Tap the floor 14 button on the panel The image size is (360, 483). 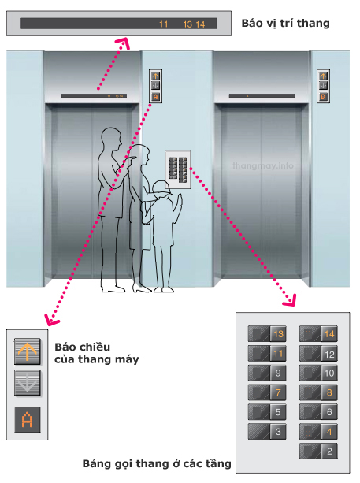[318, 334]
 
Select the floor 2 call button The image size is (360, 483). [318, 451]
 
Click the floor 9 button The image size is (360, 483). [267, 373]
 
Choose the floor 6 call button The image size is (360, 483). [318, 412]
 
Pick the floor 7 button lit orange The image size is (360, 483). [267, 392]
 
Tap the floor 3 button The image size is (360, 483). [267, 432]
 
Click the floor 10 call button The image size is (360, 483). [318, 373]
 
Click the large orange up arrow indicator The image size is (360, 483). [27, 351]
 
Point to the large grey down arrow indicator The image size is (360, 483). [27, 383]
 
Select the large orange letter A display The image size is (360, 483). [28, 420]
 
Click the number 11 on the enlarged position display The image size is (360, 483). [164, 24]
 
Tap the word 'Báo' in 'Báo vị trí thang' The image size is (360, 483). [252, 23]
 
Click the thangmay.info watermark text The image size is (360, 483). [263, 165]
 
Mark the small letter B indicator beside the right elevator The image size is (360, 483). [323, 97]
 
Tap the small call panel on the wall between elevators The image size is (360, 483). [178, 169]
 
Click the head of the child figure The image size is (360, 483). [161, 190]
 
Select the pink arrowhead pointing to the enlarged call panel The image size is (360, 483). [290, 300]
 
